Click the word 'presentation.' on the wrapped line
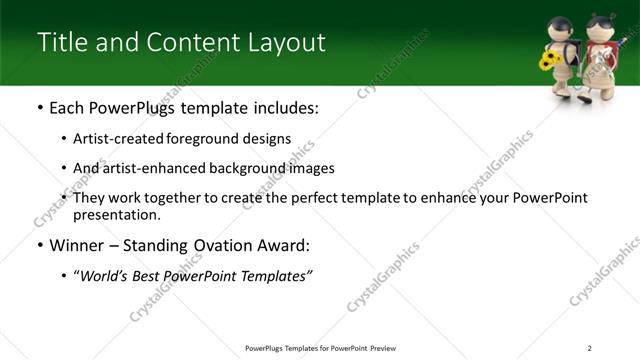[x=116, y=214]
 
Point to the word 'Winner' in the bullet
[x=78, y=245]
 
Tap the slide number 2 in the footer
[x=589, y=348]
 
